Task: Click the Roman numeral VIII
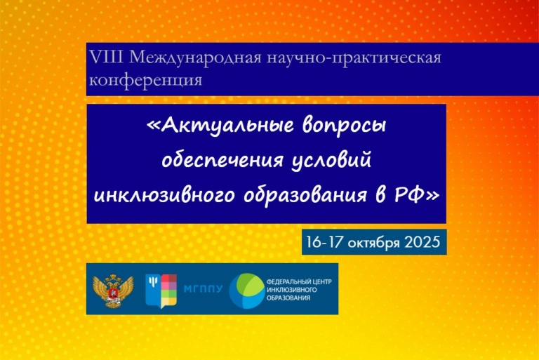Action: point(106,58)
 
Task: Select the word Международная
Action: point(195,58)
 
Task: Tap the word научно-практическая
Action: point(354,58)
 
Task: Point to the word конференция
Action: point(145,81)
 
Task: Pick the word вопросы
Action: point(345,126)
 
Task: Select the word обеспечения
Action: point(222,160)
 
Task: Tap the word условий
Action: point(331,160)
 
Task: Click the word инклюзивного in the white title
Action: point(164,196)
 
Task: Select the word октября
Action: point(374,243)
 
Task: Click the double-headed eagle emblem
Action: point(113,290)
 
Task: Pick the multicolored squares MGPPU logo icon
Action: point(161,291)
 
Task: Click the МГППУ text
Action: point(203,289)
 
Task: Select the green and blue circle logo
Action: point(247,291)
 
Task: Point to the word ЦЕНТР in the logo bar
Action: point(322,281)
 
